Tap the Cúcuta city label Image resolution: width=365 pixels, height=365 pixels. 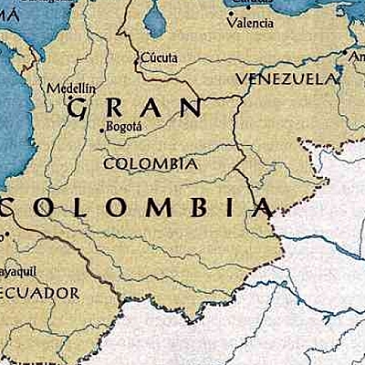tap(159, 57)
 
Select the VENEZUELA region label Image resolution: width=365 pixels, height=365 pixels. tap(286, 79)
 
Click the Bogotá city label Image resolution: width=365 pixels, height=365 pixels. tap(125, 127)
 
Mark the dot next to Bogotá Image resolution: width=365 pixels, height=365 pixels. tap(101, 130)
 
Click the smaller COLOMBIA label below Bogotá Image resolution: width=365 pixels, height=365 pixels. tap(151, 164)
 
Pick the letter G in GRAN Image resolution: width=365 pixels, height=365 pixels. tap(79, 109)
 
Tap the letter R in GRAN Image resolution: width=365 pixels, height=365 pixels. tap(117, 109)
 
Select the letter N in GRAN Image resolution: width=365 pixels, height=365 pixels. tap(191, 107)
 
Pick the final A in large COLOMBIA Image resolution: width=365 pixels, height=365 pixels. tap(261, 206)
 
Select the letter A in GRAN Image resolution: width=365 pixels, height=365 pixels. tap(152, 108)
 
